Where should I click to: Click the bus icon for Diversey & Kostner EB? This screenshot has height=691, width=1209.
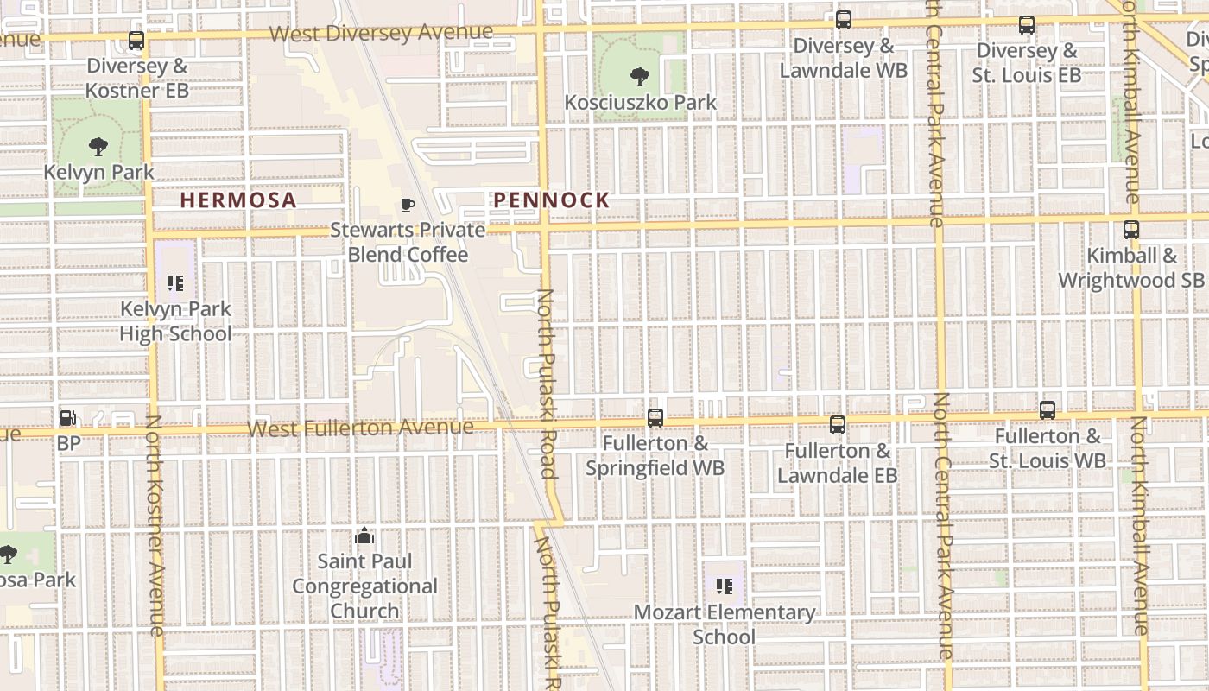(x=136, y=41)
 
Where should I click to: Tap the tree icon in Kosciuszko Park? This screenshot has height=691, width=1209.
(x=640, y=77)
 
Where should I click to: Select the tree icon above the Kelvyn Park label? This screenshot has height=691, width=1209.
(x=98, y=147)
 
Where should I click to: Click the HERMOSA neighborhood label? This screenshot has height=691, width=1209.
(x=237, y=200)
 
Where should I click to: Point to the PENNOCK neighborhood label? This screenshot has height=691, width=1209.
(x=551, y=200)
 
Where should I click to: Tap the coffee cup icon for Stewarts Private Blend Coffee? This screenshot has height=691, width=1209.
(x=408, y=205)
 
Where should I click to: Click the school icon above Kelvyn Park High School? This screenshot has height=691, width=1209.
(x=175, y=283)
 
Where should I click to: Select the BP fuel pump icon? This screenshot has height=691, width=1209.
(x=67, y=419)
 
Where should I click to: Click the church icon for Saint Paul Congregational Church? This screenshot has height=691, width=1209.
(x=364, y=536)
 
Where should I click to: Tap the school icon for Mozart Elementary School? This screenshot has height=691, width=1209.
(x=725, y=587)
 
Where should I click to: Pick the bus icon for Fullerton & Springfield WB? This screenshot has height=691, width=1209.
(x=655, y=418)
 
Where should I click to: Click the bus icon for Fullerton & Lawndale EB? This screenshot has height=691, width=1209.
(x=837, y=425)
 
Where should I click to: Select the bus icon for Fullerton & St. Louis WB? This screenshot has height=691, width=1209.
(x=1048, y=410)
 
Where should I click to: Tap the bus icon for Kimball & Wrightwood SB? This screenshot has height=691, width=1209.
(x=1130, y=230)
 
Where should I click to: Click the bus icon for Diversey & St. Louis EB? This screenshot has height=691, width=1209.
(x=1026, y=25)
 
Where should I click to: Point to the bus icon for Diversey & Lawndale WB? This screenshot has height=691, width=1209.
(x=844, y=20)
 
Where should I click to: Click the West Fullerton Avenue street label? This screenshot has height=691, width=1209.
(x=360, y=428)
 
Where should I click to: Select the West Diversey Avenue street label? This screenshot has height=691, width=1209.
(x=381, y=33)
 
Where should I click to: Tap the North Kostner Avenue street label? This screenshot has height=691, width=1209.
(x=155, y=526)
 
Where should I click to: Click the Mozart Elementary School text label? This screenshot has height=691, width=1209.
(x=725, y=624)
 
